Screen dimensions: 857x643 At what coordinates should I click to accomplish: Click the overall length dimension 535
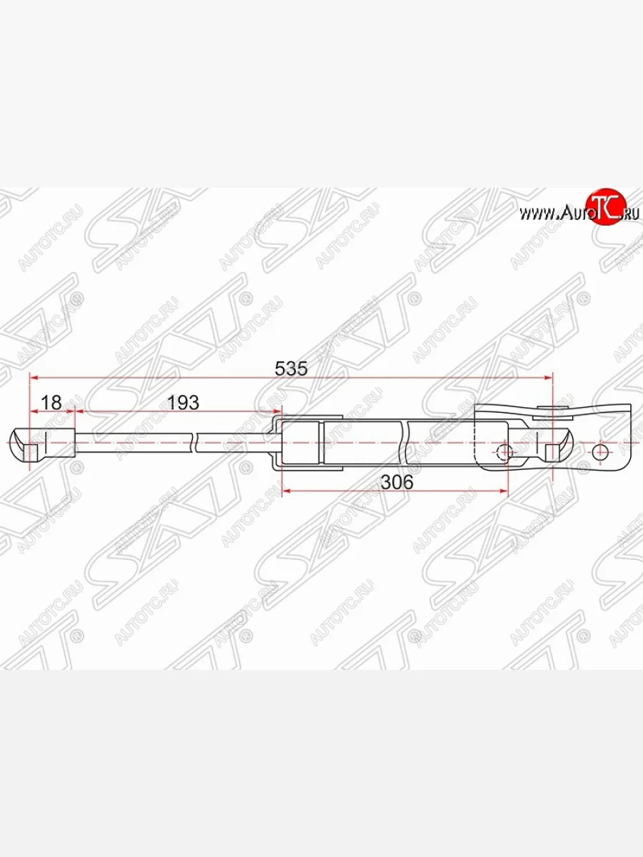tap(291, 369)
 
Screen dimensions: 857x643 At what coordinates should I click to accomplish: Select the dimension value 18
tap(51, 402)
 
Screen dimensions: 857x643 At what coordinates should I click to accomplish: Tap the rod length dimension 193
tap(182, 402)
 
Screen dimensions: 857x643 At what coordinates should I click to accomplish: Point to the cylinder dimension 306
tap(397, 482)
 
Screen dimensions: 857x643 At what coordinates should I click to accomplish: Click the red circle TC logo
tap(605, 208)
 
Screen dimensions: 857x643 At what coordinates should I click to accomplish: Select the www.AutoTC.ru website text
tap(579, 212)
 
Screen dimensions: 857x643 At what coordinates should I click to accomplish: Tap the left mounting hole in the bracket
tap(505, 452)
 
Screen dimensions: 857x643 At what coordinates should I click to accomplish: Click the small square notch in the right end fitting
tap(552, 452)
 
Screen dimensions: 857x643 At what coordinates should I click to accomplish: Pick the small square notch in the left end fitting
tap(31, 452)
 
